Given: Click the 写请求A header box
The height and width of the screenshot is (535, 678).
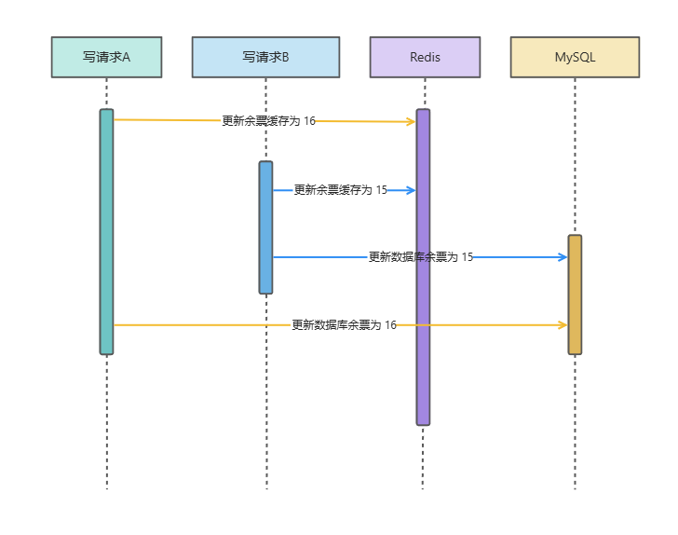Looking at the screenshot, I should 106,57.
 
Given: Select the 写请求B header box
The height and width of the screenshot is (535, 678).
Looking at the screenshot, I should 265,57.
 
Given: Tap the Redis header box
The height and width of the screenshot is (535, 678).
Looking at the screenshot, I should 425,57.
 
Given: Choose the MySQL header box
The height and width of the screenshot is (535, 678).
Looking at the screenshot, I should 575,57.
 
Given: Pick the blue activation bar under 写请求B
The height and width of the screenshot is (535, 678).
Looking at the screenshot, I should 265,227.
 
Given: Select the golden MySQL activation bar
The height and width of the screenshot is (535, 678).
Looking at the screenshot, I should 575,294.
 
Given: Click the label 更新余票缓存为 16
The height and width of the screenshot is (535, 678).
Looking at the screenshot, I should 268,120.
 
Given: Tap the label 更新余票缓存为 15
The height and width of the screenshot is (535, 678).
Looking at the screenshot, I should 340,190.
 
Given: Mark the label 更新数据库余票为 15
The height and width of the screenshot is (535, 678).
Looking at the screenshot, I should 420,257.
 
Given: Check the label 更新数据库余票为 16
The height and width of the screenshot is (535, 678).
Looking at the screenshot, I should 344,325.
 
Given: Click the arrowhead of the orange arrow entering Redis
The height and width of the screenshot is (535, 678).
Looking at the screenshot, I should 411,122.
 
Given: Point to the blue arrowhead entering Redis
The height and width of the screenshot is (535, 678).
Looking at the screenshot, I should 411,190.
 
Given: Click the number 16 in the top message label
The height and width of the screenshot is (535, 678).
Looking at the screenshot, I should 309,120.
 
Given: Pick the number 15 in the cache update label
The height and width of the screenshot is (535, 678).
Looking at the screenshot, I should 381,190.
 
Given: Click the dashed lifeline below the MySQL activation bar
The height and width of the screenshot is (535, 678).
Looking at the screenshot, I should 575,419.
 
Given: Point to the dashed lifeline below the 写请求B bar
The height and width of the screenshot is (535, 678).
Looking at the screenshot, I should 265,391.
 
